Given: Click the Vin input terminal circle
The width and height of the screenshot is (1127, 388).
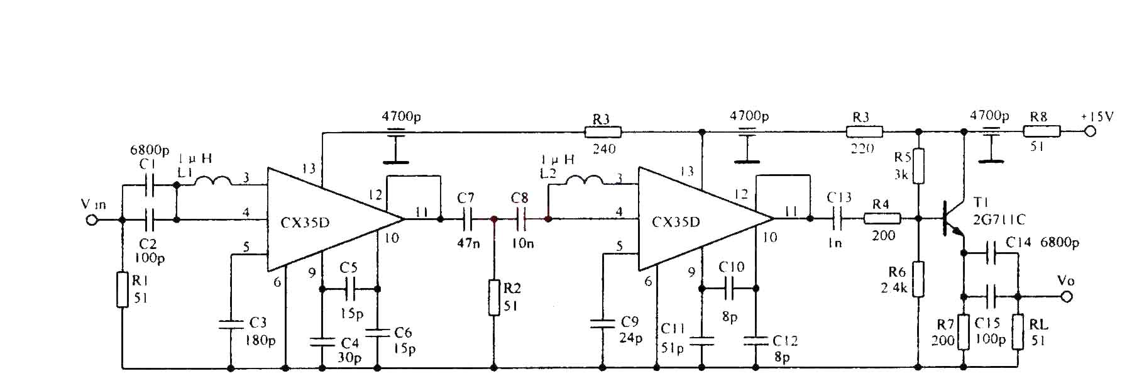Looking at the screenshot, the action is (x=92, y=220).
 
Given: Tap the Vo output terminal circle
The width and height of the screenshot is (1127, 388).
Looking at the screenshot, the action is (x=1067, y=297).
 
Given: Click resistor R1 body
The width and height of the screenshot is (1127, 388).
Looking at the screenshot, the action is (x=123, y=289).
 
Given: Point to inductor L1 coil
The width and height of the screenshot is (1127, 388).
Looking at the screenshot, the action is (x=212, y=182).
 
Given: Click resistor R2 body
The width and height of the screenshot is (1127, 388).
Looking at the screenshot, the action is (x=493, y=297).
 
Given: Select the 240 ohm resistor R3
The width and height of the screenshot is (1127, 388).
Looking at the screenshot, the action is (x=603, y=132).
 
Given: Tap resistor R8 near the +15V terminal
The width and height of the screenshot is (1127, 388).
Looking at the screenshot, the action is (x=1042, y=131).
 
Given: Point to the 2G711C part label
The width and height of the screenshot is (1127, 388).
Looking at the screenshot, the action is (x=999, y=219).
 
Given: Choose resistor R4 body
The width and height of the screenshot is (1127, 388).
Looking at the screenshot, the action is (x=882, y=219).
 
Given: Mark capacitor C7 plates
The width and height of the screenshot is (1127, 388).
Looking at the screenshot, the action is (x=467, y=219).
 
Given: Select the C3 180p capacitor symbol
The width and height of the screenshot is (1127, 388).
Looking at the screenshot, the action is (x=230, y=324).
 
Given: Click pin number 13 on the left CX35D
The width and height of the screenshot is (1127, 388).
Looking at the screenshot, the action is (x=308, y=169).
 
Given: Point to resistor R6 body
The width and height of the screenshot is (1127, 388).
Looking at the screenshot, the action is (x=918, y=279).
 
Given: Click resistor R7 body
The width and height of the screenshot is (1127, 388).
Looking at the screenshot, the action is (x=963, y=331).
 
